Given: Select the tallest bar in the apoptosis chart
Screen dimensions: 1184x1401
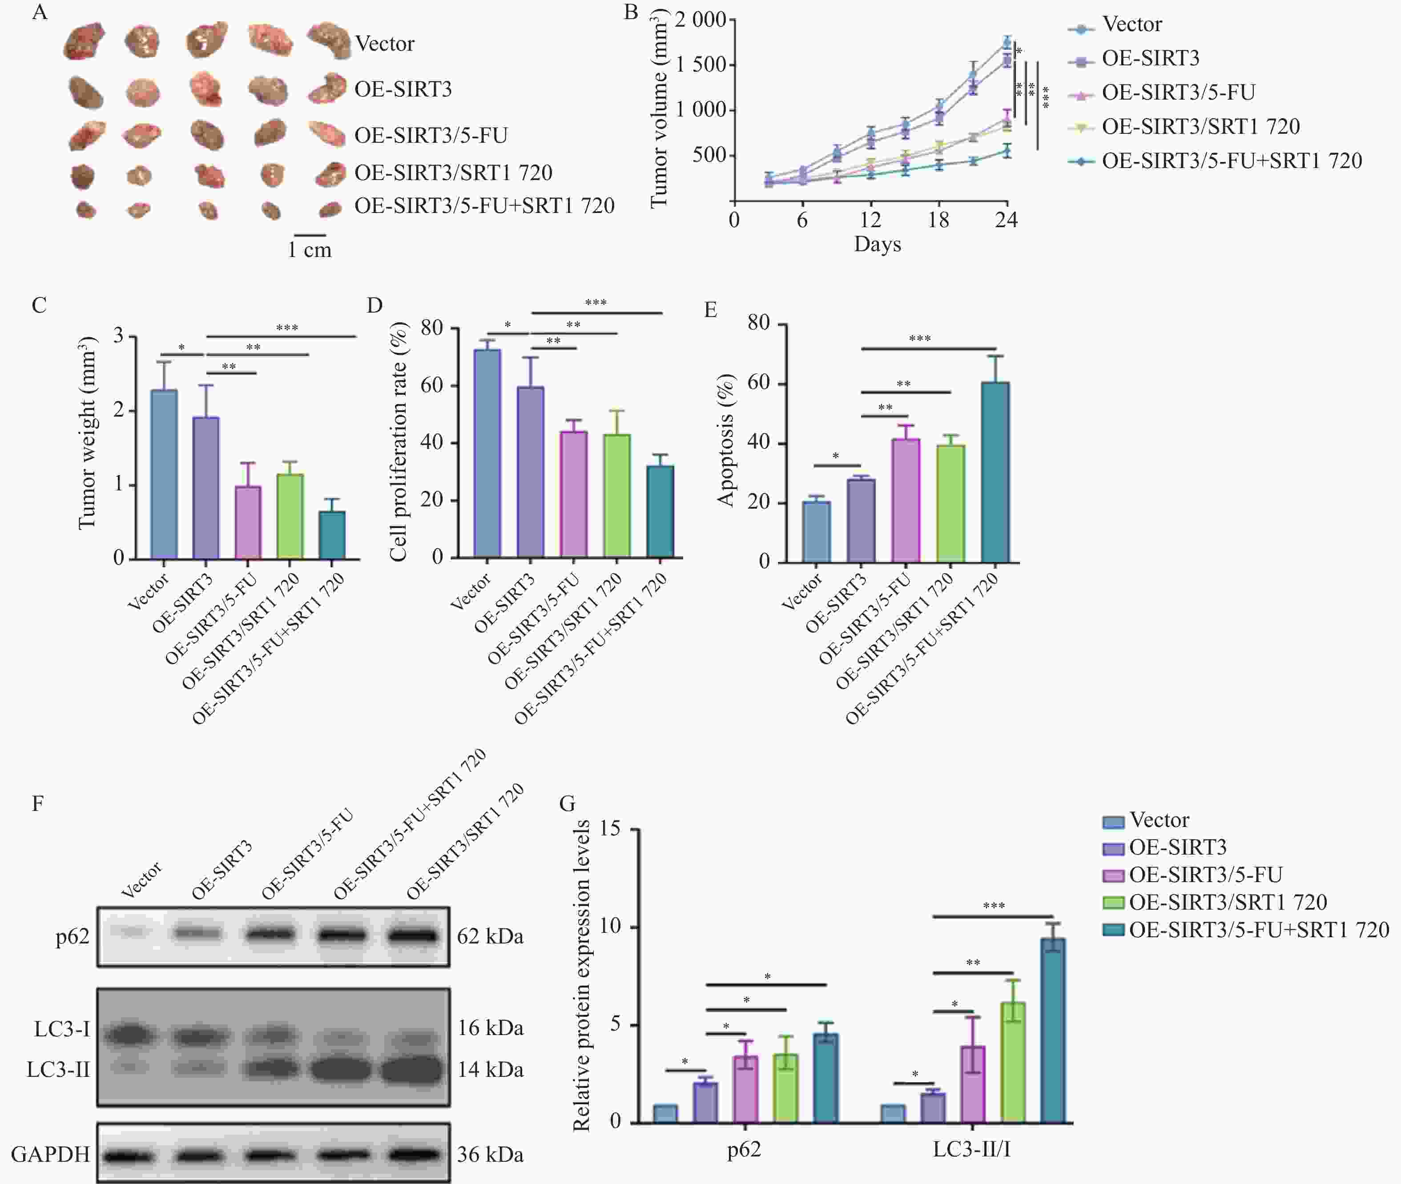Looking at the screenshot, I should [x=995, y=472].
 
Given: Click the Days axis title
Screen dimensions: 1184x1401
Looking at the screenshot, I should [x=877, y=245].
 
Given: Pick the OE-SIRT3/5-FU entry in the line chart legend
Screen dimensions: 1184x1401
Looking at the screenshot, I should [x=1177, y=92].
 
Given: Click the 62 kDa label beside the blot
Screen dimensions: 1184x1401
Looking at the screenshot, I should [x=490, y=936].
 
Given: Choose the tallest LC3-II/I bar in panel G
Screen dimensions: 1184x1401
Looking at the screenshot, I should [x=1053, y=1030].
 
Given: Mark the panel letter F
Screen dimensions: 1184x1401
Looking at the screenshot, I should [x=38, y=803].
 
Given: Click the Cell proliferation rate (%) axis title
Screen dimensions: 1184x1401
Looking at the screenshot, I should [x=399, y=441].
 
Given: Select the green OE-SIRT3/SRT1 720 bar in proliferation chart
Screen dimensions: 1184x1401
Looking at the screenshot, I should [x=617, y=495].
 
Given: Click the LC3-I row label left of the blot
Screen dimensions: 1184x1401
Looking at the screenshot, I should [x=62, y=1029].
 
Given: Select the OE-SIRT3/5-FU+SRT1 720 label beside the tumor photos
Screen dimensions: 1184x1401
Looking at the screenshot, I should [x=484, y=206].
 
